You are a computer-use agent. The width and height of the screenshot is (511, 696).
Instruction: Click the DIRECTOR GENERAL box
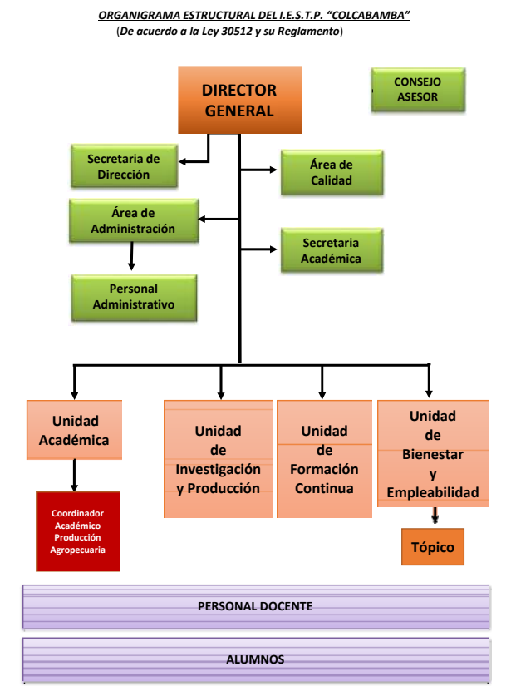(239, 100)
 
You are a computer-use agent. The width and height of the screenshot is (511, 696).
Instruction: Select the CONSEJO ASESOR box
(417, 90)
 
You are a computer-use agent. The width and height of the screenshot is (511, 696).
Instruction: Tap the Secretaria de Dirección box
(123, 166)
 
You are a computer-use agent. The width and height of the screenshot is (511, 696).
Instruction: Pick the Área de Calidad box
(332, 173)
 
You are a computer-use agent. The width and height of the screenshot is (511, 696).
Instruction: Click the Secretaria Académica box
(332, 250)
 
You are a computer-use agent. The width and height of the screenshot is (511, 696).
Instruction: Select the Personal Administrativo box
(134, 297)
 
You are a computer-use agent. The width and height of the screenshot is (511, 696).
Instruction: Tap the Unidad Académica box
(75, 431)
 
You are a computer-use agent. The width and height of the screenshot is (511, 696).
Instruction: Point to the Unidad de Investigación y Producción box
(219, 459)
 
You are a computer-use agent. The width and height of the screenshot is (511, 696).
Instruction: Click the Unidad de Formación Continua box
(324, 459)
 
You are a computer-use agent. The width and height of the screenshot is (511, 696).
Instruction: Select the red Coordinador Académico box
(78, 531)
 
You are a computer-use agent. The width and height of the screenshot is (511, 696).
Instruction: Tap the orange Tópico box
(432, 548)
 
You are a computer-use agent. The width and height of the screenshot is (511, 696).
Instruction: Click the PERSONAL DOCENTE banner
(255, 606)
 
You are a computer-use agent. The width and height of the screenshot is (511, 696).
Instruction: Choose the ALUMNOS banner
(255, 659)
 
